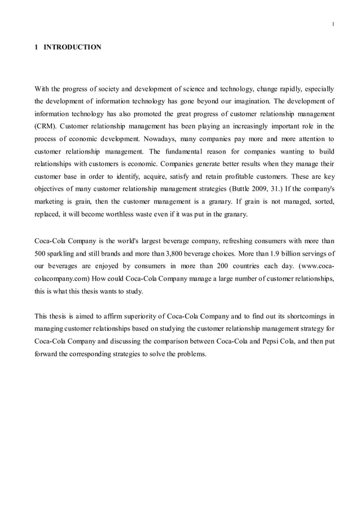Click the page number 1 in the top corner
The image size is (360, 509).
pyautogui.click(x=333, y=24)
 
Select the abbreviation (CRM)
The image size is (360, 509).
pyautogui.click(x=48, y=126)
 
